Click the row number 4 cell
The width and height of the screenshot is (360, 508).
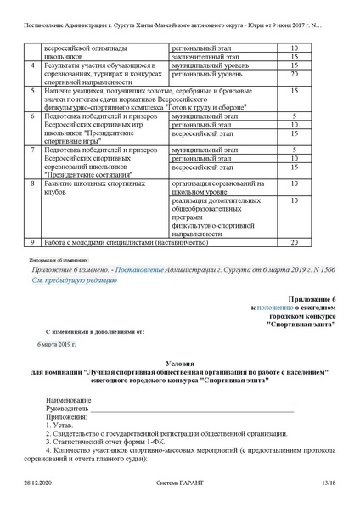(32, 64)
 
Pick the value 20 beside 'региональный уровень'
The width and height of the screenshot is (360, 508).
(294, 73)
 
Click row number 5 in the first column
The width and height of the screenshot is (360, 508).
(32, 89)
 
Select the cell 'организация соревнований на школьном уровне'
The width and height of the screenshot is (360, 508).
(215, 187)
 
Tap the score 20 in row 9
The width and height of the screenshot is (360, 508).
(294, 242)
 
